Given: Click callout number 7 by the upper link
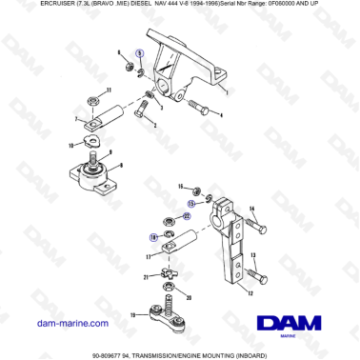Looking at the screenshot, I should tap(77, 120).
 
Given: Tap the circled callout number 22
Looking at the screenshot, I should tap(186, 216).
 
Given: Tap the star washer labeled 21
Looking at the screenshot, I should tap(164, 277).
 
